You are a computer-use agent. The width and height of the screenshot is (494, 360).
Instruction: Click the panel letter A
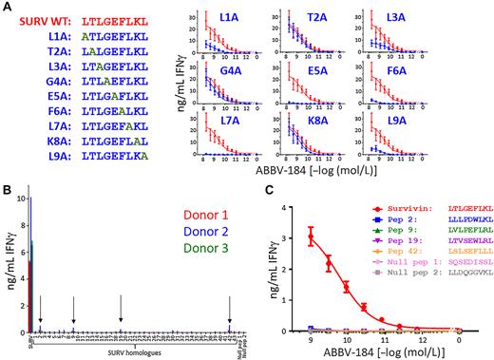pyautogui.click(x=7, y=7)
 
